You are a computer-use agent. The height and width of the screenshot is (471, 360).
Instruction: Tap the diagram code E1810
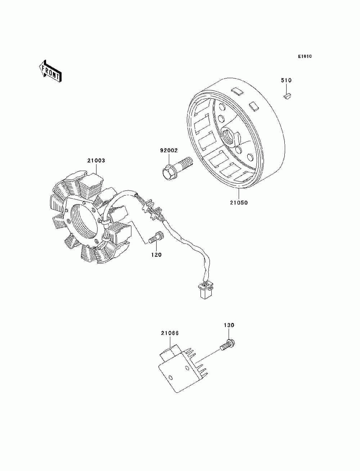coord(305,57)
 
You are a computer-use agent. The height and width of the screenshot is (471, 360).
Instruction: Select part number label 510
coord(286,80)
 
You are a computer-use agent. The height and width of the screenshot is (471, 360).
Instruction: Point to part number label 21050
coord(239,202)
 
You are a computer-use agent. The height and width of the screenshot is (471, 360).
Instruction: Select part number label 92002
coord(169,151)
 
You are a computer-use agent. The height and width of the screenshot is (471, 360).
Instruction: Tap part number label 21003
coord(96,161)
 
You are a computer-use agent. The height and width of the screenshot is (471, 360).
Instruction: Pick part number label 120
coord(156,255)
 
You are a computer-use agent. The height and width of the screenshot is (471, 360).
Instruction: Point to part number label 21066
coord(170,333)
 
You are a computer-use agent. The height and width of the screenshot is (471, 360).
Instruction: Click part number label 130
coord(229,325)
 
